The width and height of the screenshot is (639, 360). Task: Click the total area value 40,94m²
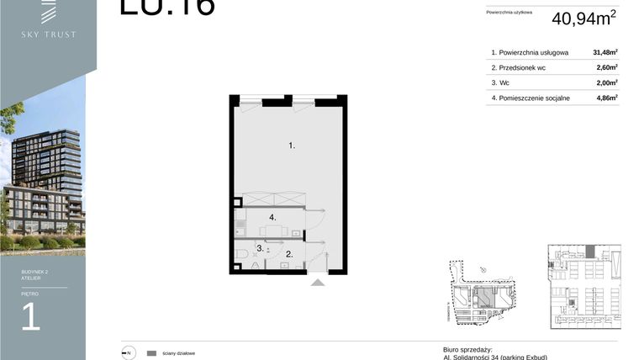584,18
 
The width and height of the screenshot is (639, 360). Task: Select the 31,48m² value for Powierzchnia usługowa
605,51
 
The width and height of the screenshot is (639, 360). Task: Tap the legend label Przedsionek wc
526,67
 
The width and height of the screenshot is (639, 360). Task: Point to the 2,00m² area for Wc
605,82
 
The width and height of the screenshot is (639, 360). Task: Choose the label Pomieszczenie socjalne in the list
536,98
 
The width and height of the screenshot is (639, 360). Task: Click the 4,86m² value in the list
605,98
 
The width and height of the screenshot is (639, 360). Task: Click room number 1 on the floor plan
292,146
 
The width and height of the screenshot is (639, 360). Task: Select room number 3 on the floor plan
260,248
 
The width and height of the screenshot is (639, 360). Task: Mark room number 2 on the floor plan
288,253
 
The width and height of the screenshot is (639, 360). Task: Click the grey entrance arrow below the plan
317,283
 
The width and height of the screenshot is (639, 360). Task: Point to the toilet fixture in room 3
241,252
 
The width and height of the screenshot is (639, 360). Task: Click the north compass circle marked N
128,353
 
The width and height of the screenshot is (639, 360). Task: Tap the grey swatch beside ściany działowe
151,353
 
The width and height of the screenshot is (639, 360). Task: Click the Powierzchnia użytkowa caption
510,13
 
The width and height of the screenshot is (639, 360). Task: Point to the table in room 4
271,230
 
